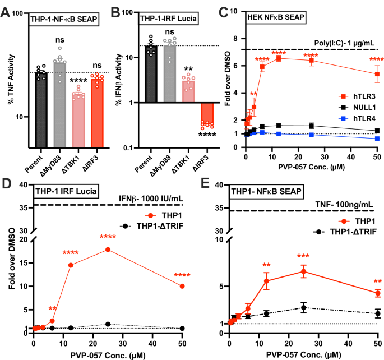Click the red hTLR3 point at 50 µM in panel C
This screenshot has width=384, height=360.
[377, 74]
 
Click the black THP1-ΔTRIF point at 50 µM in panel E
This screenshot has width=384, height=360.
[378, 313]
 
